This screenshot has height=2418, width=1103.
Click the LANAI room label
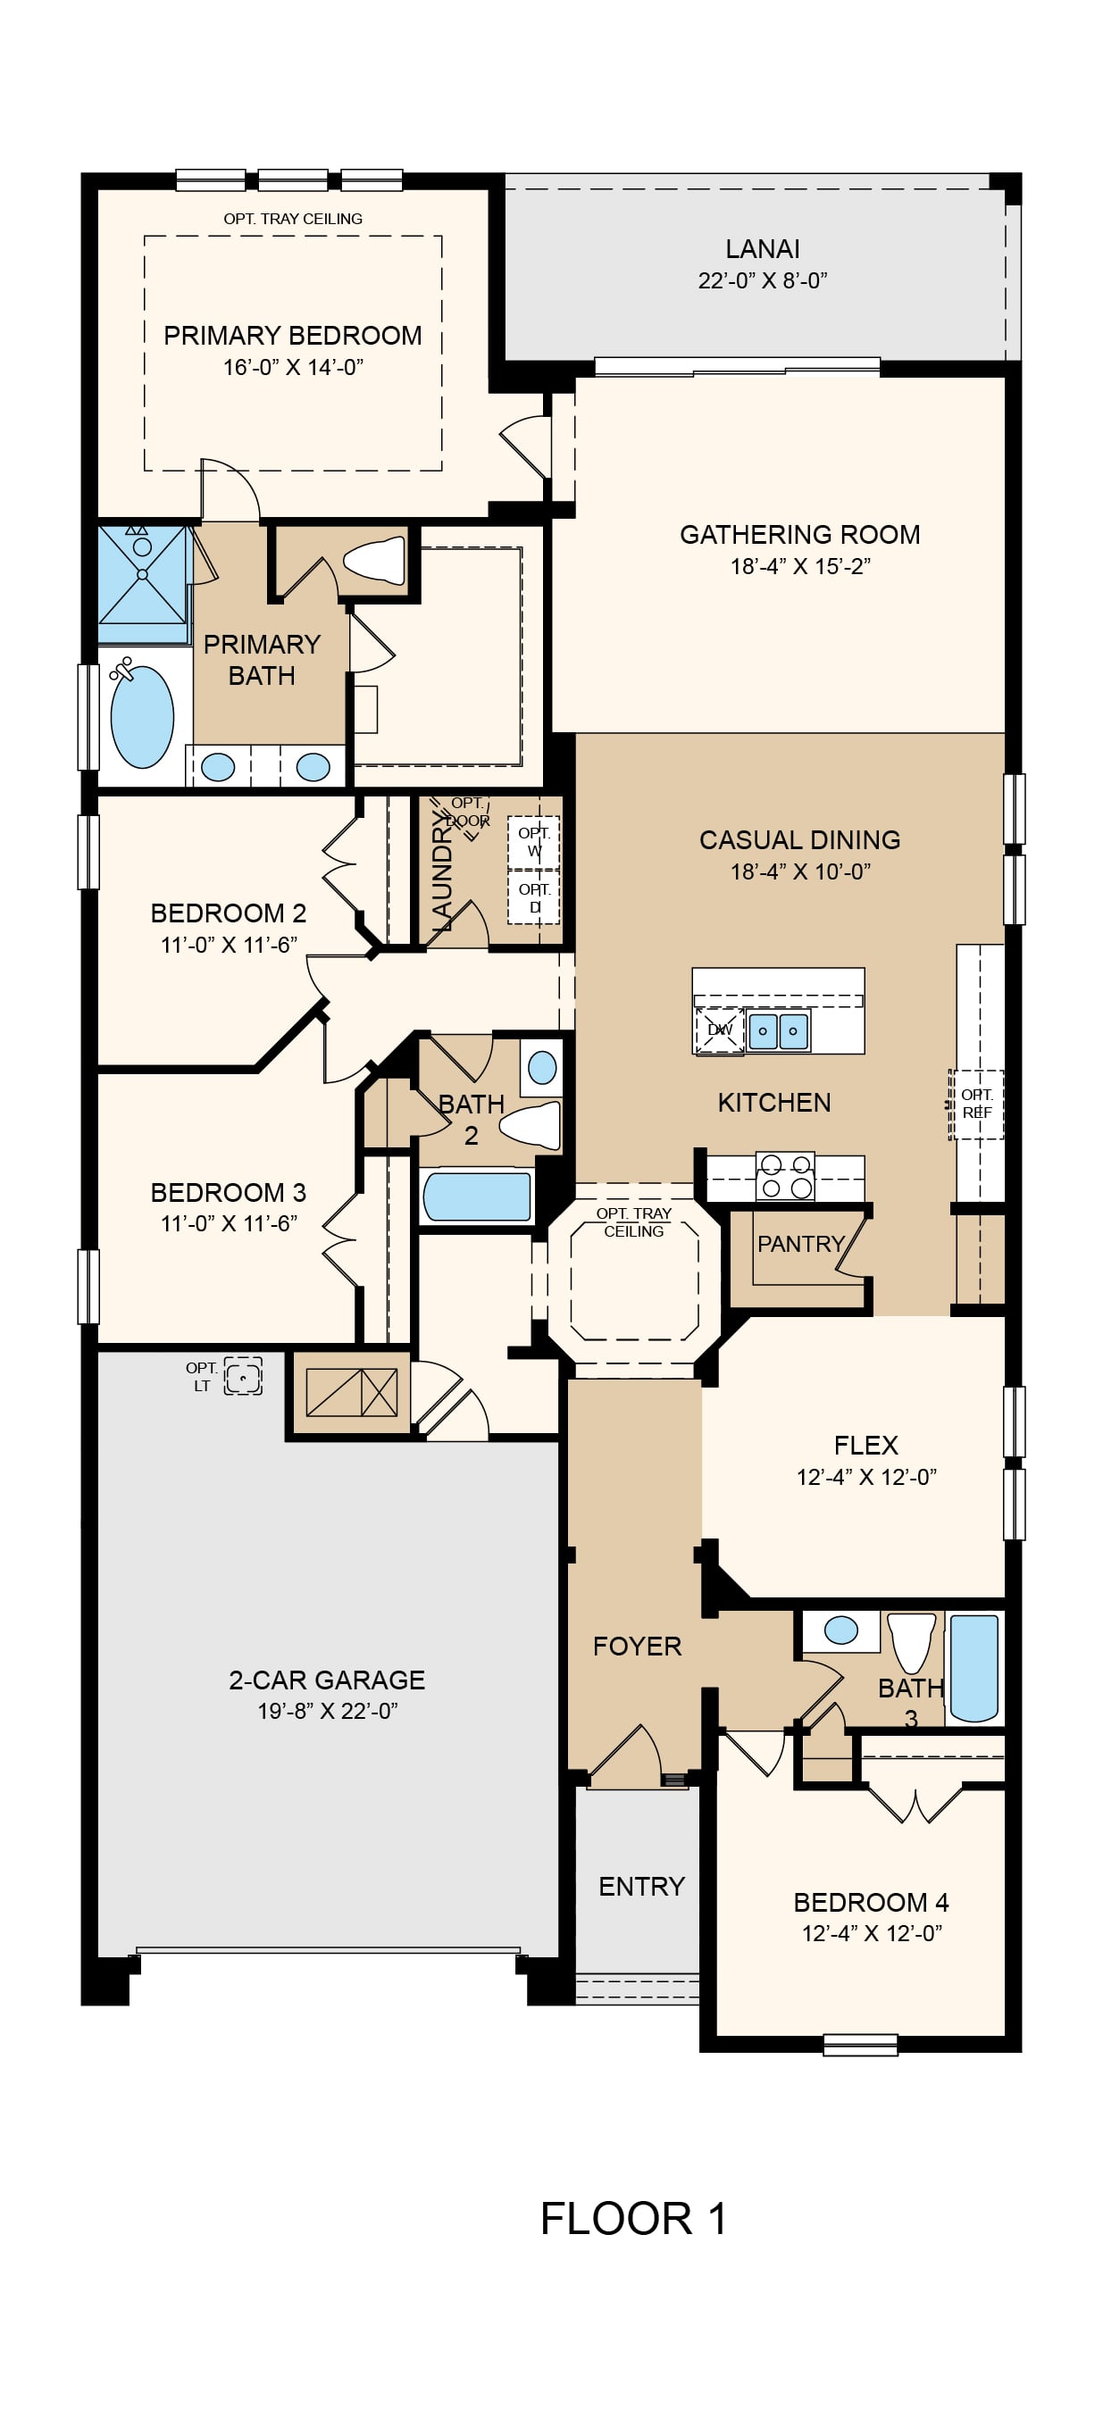pyautogui.click(x=762, y=249)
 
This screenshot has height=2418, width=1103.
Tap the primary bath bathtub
pyautogui.click(x=142, y=716)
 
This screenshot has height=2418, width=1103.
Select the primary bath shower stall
pyautogui.click(x=143, y=573)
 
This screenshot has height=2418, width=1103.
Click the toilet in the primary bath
pyautogui.click(x=374, y=561)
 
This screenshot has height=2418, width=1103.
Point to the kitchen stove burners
pyautogui.click(x=786, y=1176)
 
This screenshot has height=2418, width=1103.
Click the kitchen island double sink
pyautogui.click(x=778, y=1030)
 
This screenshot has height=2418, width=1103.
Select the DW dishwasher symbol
pyautogui.click(x=720, y=1030)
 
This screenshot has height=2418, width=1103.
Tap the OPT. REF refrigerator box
pyautogui.click(x=976, y=1104)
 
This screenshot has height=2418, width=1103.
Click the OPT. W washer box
pyautogui.click(x=534, y=842)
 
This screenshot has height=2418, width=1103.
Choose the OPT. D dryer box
pyautogui.click(x=534, y=898)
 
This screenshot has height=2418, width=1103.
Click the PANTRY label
pyautogui.click(x=801, y=1244)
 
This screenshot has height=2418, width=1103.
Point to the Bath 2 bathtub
pyautogui.click(x=477, y=1196)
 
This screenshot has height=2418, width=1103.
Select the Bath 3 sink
pyautogui.click(x=841, y=1630)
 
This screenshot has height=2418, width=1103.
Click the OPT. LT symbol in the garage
pyautogui.click(x=243, y=1376)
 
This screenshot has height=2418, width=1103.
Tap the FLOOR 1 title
pyautogui.click(x=633, y=2218)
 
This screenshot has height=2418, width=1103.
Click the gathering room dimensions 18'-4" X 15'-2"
pyautogui.click(x=801, y=566)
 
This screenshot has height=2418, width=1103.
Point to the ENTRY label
pyautogui.click(x=642, y=1886)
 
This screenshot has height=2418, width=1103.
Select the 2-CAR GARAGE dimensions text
pyautogui.click(x=328, y=1710)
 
